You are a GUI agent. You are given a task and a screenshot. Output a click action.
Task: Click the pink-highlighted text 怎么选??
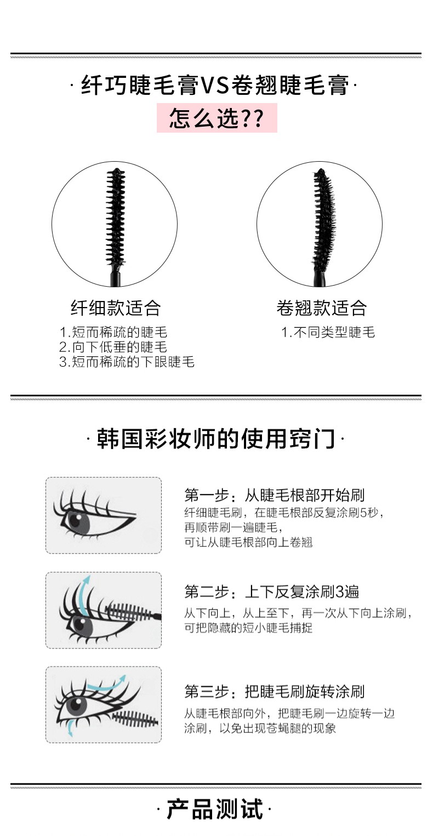point(216,118)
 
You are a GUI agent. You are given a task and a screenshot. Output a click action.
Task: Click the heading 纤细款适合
point(116,308)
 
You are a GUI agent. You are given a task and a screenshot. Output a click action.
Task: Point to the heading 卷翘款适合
point(321,308)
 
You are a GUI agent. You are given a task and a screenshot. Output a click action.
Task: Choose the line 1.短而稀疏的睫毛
point(113,332)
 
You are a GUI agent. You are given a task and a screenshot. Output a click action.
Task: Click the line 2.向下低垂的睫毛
point(113,347)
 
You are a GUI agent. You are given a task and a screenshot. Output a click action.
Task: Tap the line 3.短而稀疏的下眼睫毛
point(127,362)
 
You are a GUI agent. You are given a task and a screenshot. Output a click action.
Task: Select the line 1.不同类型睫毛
point(328,332)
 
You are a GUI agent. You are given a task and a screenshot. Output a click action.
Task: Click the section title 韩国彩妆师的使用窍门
point(216,439)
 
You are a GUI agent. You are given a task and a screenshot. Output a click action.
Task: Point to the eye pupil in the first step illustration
point(76,520)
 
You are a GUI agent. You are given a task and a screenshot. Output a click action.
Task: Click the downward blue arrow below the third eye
point(69,727)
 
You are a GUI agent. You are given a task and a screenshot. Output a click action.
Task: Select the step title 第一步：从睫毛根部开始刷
point(275,495)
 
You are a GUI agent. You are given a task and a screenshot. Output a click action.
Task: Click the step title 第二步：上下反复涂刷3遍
point(272,592)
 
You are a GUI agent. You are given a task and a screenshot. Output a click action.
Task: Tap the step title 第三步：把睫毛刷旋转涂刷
point(275,692)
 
